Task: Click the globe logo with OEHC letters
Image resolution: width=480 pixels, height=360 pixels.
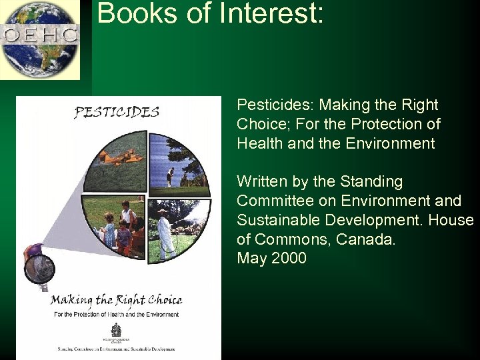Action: click(x=40, y=39)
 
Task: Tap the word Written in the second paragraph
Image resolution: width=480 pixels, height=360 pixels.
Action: click(x=260, y=181)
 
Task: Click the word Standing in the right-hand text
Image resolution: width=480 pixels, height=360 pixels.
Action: click(x=378, y=181)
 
